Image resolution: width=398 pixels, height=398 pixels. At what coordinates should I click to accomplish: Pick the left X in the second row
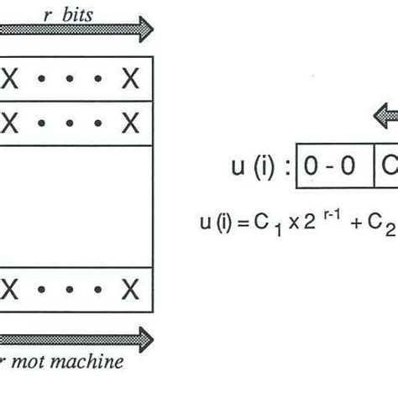[x=11, y=123]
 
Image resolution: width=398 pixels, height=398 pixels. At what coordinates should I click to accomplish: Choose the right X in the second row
[x=129, y=123]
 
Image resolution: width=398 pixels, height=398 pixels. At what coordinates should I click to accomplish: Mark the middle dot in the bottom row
[x=70, y=291]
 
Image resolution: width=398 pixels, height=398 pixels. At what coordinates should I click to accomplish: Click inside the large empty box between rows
[x=76, y=206]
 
